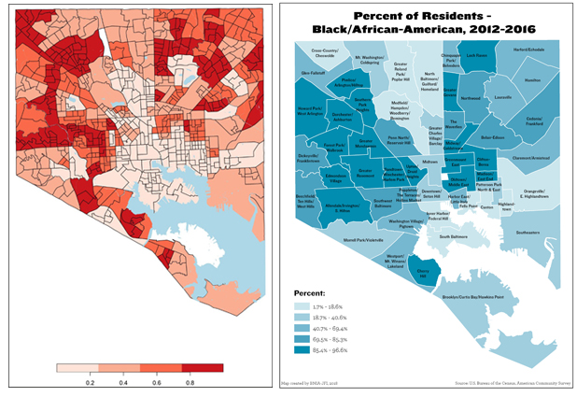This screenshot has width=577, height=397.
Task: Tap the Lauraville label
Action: [x=502, y=96]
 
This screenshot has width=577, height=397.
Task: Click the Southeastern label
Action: [x=527, y=233]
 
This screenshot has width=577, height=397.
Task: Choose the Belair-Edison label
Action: [x=492, y=136]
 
